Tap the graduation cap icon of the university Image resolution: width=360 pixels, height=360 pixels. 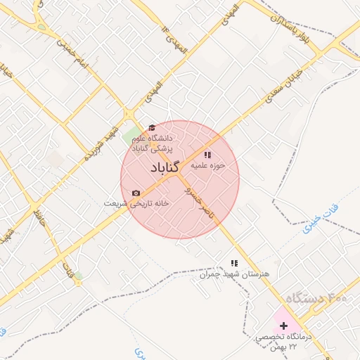click(x=151, y=127)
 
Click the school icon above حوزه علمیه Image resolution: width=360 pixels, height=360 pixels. click(x=207, y=155)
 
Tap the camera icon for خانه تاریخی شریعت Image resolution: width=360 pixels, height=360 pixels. click(x=136, y=193)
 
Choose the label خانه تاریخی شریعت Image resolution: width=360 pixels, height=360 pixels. click(x=138, y=203)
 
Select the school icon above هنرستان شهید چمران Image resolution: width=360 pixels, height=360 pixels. click(x=234, y=262)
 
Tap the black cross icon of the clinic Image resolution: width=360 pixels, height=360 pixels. click(x=284, y=326)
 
